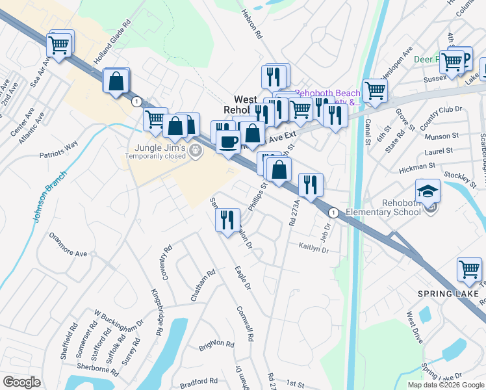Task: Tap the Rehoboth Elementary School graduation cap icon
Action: coord(428,190)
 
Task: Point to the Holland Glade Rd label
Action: coord(112,49)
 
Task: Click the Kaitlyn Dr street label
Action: coord(314,248)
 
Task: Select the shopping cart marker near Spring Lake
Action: coord(469,269)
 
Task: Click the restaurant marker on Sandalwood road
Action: coord(226,219)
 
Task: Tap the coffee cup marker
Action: coord(227,141)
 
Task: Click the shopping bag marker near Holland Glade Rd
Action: coord(116,81)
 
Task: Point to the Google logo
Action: coord(21,382)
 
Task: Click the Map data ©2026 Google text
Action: coord(446,385)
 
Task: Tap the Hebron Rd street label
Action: coord(251,23)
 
